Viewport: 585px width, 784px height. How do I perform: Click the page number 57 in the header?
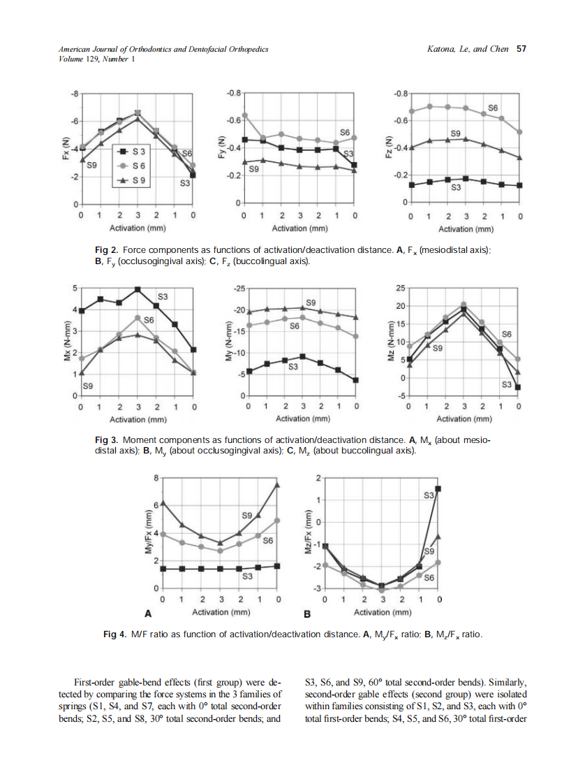coord(521,49)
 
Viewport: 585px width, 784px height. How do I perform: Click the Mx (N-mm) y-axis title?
coord(66,342)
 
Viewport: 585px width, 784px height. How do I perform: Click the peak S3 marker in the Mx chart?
coord(138,289)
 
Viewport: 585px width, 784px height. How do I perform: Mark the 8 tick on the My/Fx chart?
coord(156,477)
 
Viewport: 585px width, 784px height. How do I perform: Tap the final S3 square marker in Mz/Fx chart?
coord(438,489)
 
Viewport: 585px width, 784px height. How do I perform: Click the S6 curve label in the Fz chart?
coord(492,108)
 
